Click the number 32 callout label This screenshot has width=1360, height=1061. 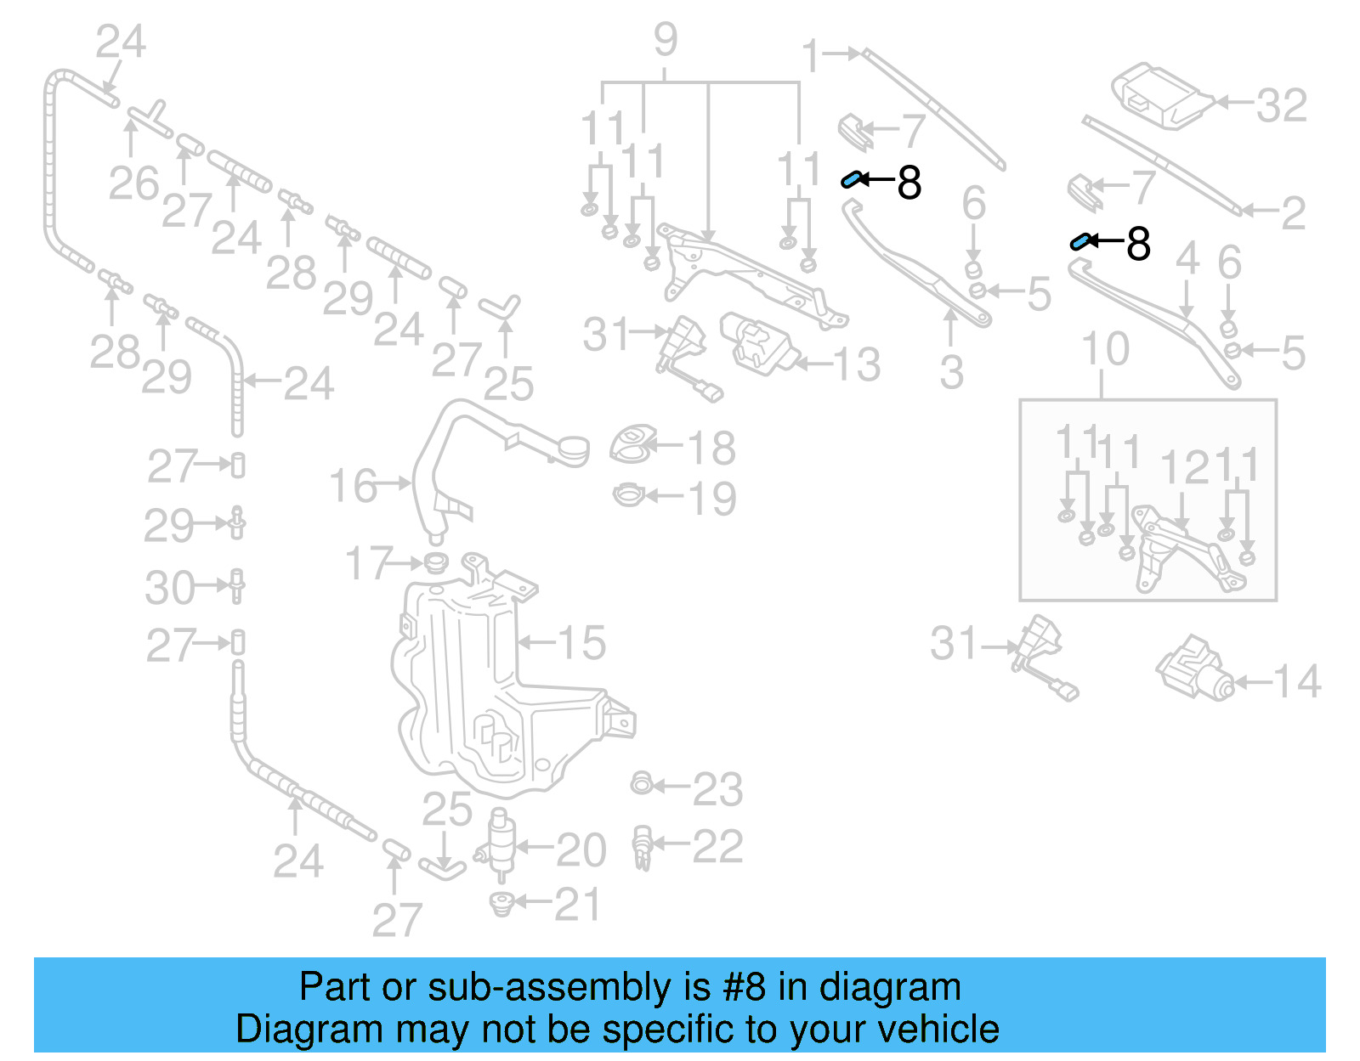coord(1281,105)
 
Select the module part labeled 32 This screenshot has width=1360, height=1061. coord(1161,95)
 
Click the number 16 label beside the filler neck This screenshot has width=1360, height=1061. coord(352,486)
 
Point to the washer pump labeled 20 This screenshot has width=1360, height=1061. coord(502,845)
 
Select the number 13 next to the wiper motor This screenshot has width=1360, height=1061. coord(857,365)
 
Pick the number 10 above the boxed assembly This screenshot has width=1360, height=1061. coord(1105,349)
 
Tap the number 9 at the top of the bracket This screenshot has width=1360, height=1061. coord(666,40)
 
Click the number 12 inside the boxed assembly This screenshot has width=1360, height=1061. coord(1184,468)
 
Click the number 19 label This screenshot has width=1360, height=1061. coord(711,499)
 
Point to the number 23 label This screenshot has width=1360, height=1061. coord(717,790)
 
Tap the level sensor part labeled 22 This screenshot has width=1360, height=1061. coord(642,847)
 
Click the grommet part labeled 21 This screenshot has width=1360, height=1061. coord(502,904)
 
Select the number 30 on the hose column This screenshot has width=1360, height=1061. coord(169,588)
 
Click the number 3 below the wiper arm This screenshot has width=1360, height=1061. coord(952,372)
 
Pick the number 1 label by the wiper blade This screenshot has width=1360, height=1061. coord(811,56)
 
